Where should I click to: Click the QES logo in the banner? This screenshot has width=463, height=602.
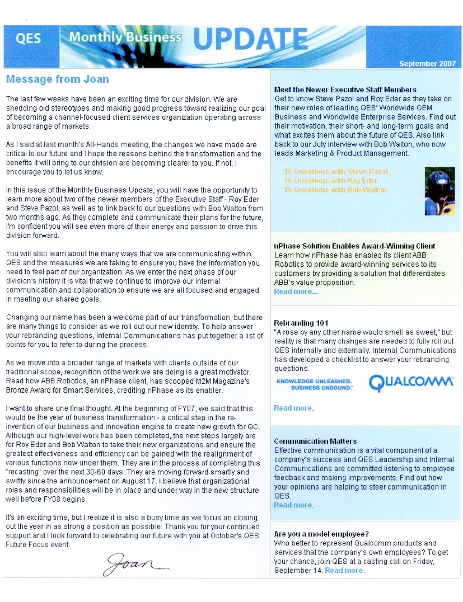[x=29, y=40]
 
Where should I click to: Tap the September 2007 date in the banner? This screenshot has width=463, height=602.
[x=427, y=64]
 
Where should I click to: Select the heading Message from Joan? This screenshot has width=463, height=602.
[x=57, y=79]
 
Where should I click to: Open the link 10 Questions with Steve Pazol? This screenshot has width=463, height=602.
[x=335, y=172]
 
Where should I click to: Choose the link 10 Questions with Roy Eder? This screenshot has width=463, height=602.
[x=330, y=181]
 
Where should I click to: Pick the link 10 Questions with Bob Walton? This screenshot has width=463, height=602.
[x=335, y=190]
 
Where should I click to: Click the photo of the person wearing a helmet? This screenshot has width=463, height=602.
[x=439, y=190]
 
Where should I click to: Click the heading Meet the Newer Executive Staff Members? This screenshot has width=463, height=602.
[x=345, y=90]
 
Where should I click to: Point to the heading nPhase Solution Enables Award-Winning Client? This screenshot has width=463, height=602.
[x=354, y=246]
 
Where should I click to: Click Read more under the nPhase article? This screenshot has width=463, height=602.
[x=296, y=291]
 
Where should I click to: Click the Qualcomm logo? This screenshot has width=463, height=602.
[x=411, y=384]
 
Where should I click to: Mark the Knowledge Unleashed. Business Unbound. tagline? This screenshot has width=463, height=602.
[x=314, y=384]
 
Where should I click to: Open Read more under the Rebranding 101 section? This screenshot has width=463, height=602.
[x=293, y=408]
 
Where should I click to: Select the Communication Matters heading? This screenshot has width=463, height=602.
[x=315, y=441]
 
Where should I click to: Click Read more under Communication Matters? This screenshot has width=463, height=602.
[x=293, y=505]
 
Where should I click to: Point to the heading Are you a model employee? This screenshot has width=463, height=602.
[x=321, y=534]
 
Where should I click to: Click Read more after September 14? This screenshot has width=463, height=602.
[x=344, y=570]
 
